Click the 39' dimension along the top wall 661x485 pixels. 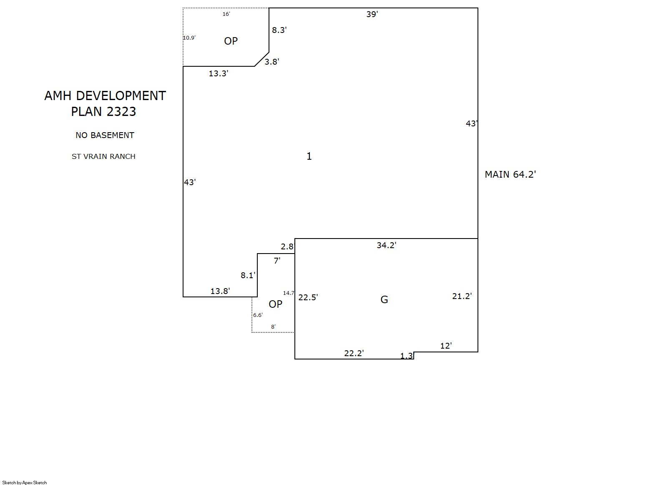[x=372, y=14]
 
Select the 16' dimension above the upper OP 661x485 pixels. [x=226, y=14]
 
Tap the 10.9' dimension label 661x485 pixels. [x=189, y=38]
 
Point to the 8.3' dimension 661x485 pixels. [x=279, y=30]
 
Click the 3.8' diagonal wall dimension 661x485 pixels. [x=272, y=62]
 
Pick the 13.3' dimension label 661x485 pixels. [x=219, y=73]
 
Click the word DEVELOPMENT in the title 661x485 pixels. [x=121, y=96]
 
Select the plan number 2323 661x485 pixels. [x=121, y=111]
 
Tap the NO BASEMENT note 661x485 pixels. [x=105, y=135]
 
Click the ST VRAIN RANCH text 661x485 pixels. [x=103, y=156]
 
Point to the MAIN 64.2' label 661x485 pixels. [x=510, y=174]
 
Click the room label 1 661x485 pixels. [x=309, y=156]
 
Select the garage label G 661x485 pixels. [x=384, y=300]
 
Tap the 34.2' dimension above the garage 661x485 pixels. [x=387, y=245]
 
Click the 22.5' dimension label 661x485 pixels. [x=308, y=297]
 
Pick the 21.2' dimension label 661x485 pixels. [x=462, y=296]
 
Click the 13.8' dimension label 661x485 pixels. [x=220, y=291]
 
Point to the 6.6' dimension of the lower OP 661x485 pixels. [x=258, y=315]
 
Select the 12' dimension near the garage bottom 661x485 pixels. [x=446, y=346]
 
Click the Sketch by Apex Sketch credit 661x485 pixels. [x=25, y=482]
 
